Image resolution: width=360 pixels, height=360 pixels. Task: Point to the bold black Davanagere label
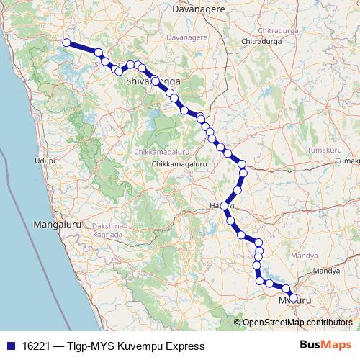(x=199, y=9)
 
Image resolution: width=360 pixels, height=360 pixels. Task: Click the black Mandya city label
(x=326, y=271)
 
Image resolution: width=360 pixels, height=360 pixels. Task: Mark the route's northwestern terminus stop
(x=66, y=42)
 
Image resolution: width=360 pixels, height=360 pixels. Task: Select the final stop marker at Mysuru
(x=293, y=297)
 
